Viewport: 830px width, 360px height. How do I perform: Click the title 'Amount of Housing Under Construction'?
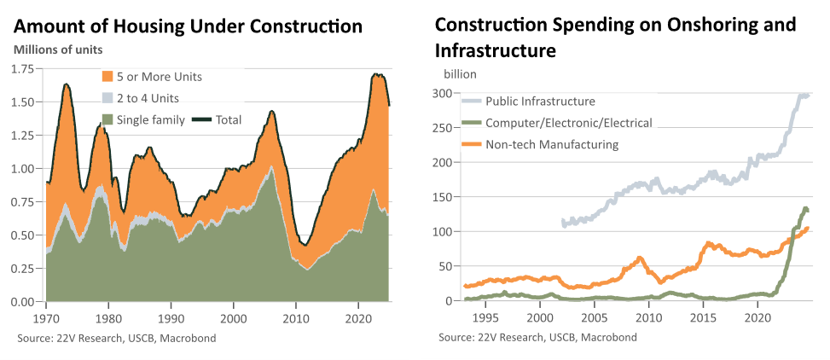189,26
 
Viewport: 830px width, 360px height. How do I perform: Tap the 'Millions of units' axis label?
58,50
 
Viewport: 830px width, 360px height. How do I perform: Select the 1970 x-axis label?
47,320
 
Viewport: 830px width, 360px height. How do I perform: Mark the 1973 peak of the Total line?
67,84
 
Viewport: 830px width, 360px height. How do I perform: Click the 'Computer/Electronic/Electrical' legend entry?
556,123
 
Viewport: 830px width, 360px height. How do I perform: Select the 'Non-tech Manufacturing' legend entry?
539,144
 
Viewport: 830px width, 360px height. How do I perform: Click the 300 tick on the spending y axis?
442,93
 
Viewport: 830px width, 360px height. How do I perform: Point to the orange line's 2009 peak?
640,258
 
